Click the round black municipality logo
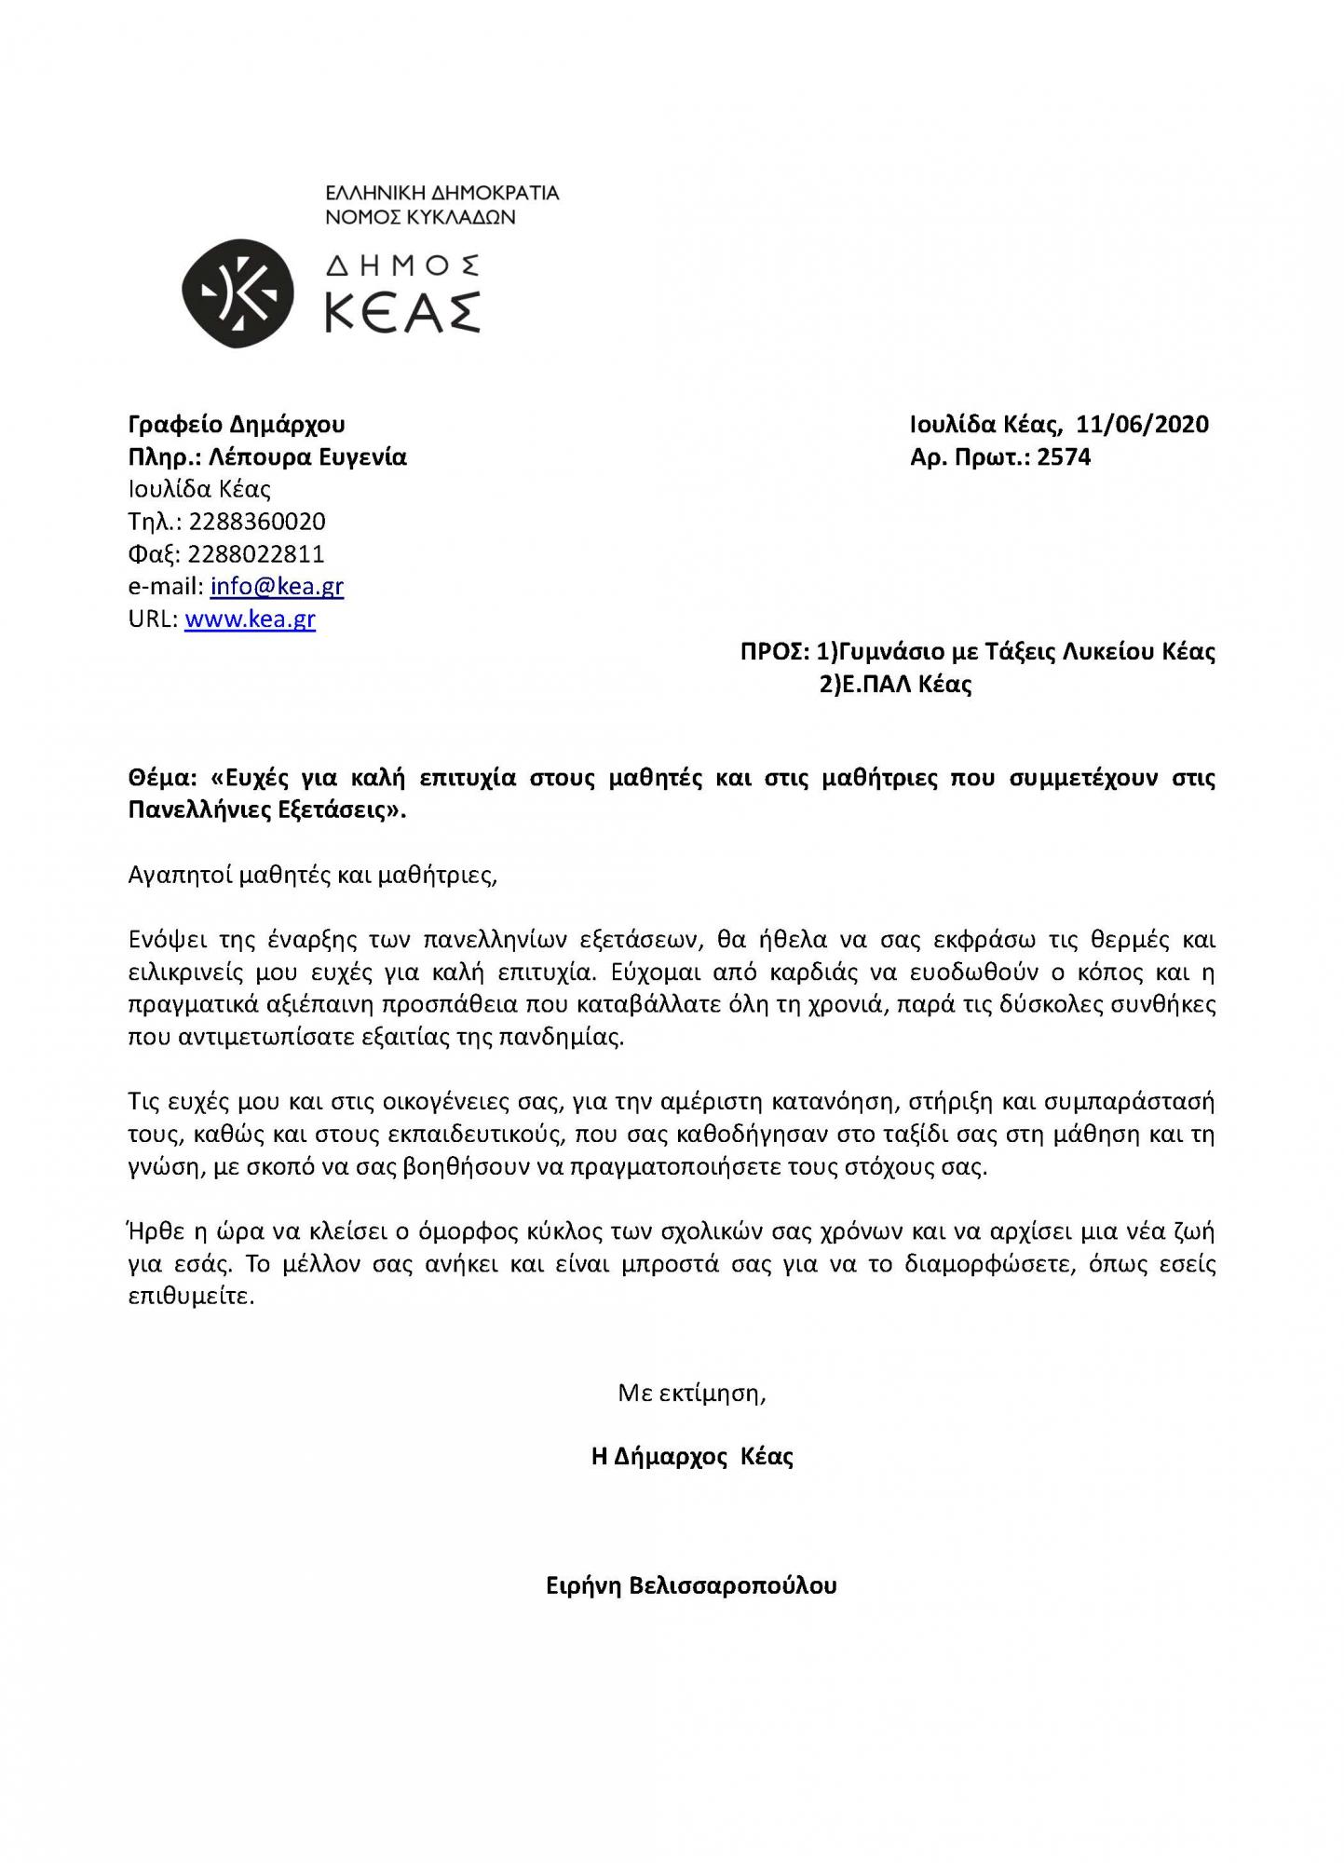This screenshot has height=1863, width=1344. (x=238, y=294)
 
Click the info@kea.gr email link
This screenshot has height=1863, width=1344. (x=277, y=587)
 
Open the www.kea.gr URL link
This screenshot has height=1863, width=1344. (x=250, y=619)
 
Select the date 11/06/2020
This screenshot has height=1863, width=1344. (x=1142, y=425)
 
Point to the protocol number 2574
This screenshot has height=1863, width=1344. (x=1064, y=457)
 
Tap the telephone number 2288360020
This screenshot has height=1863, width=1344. (x=257, y=522)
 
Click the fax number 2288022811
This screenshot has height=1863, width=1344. (x=256, y=554)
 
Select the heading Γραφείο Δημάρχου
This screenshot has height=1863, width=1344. (x=236, y=425)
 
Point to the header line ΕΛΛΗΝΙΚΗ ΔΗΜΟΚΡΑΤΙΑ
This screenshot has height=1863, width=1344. (x=441, y=194)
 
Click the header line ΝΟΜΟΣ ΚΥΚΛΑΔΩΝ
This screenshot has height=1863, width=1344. (x=420, y=218)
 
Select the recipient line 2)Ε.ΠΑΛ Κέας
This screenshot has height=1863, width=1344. (x=895, y=685)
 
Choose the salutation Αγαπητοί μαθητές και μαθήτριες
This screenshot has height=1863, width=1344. (x=313, y=876)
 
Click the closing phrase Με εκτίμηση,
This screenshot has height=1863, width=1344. (x=691, y=1394)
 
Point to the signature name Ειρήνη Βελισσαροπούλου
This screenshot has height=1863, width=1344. (x=691, y=1585)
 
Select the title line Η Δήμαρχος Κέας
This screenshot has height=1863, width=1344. (x=691, y=1457)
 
